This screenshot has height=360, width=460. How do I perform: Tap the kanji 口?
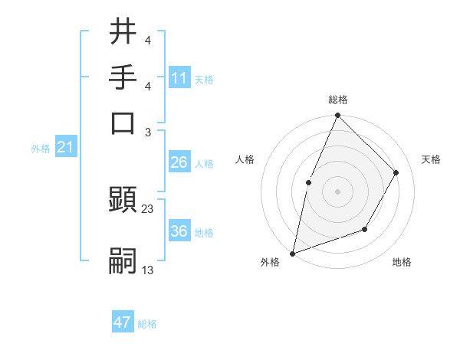123,123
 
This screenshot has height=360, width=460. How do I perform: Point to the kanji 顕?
123,201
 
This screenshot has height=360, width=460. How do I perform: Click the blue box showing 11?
179,78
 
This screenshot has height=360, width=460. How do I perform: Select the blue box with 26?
179,163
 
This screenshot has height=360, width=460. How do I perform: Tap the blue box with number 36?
179,232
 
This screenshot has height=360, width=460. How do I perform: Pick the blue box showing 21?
64,147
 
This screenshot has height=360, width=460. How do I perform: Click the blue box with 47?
123,322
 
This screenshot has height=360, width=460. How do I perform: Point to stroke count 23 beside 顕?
148,209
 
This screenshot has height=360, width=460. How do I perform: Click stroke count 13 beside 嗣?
148,270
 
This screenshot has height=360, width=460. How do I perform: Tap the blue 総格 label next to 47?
147,324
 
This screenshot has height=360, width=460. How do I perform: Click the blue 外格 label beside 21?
40,149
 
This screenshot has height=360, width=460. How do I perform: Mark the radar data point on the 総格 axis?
337,116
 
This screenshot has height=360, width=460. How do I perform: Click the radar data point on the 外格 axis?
293,253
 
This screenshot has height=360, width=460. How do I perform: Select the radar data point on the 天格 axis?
396,172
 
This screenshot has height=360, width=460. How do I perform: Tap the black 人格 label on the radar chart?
245,159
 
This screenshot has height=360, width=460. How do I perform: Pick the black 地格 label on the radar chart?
402,263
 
